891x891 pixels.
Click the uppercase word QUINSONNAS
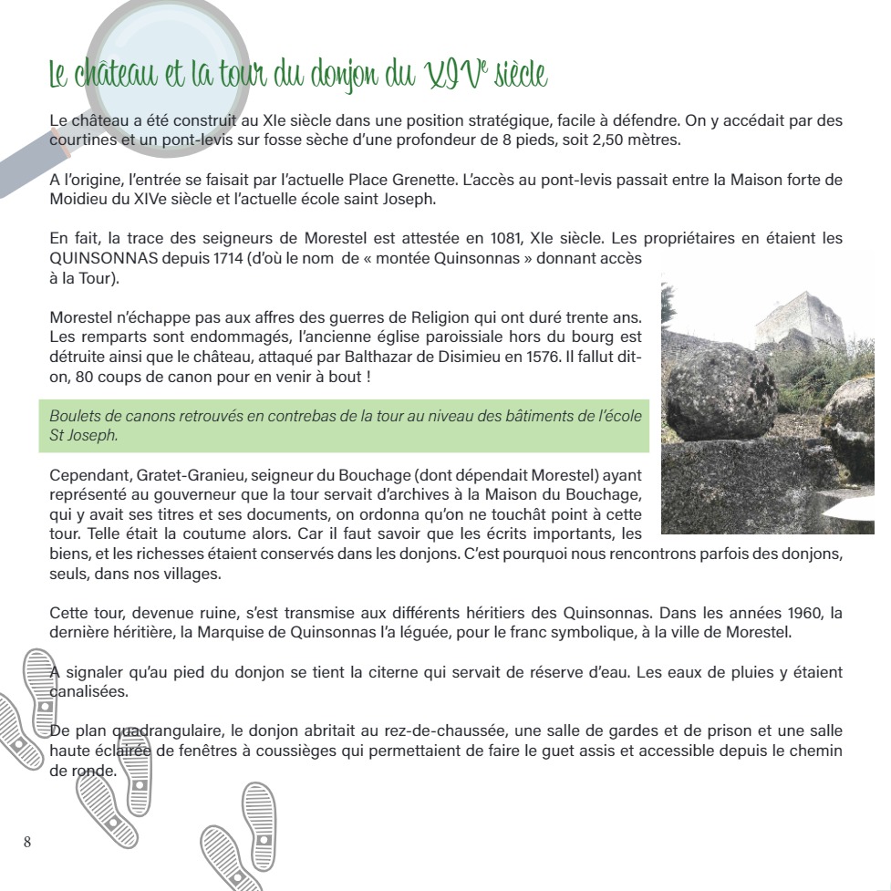[98, 258]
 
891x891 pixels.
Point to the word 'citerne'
[392, 672]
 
